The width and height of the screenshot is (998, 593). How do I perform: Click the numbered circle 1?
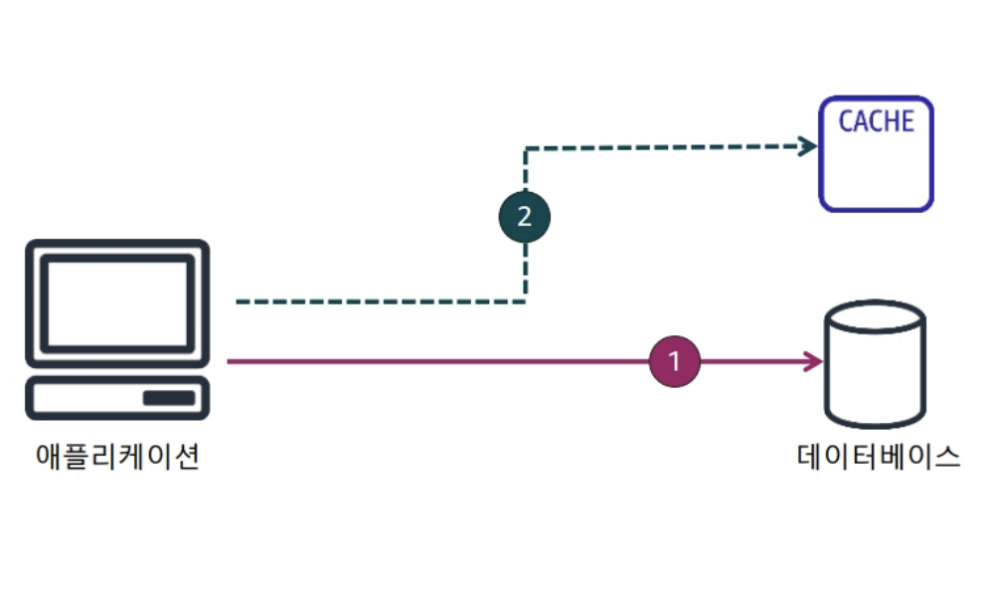(x=675, y=361)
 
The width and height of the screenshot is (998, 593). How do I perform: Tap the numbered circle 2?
(x=524, y=217)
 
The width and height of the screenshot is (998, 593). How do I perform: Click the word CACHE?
(x=876, y=121)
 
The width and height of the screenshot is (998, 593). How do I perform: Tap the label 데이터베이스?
(x=879, y=457)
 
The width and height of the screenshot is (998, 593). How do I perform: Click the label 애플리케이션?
(x=117, y=457)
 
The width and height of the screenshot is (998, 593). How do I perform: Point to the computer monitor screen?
(x=117, y=302)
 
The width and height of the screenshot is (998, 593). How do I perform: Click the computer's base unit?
(x=117, y=398)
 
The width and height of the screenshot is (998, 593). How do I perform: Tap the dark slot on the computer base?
(x=169, y=398)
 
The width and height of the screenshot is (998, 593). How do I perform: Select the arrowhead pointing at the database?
(x=815, y=361)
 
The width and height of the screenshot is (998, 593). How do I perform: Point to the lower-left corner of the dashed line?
(x=525, y=300)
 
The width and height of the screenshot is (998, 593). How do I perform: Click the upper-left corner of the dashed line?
(x=526, y=148)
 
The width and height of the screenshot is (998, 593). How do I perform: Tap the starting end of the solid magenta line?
(x=230, y=361)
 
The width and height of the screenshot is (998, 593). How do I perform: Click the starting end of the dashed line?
(x=239, y=300)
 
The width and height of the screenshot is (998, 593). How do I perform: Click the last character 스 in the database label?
(x=947, y=457)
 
